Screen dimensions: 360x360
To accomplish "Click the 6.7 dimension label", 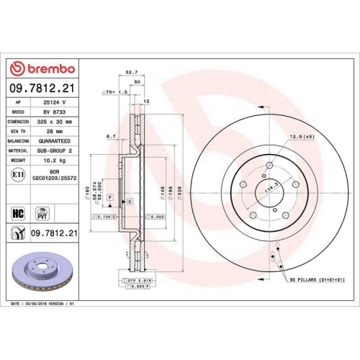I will (110, 135).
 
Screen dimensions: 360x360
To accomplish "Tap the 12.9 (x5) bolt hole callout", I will (302, 137).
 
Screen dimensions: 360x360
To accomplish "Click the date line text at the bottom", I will (43, 305).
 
